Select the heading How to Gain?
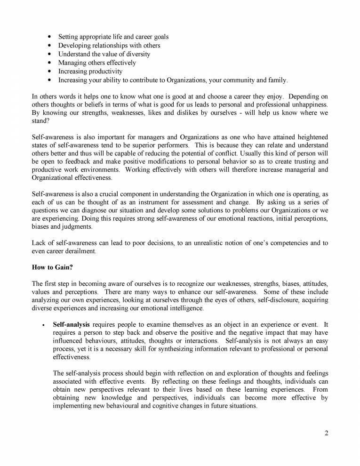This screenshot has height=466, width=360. pos(51,268)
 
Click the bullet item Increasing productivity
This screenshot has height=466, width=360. pos(90,71)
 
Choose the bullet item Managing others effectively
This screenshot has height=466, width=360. pos(97,63)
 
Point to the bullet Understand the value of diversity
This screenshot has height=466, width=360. pos(104,54)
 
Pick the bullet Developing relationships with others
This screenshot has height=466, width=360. pos(109,46)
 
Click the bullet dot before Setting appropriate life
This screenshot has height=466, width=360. pos(49,37)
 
